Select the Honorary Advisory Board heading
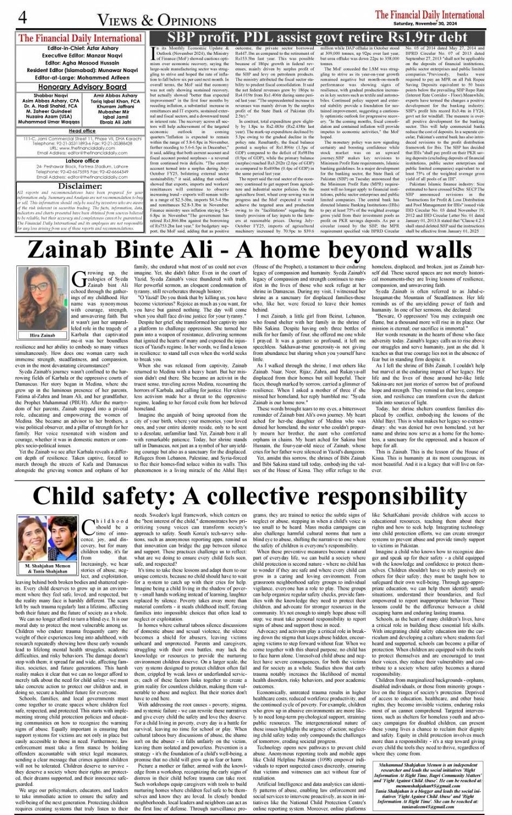pos(74,87)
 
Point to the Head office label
pos(67,131)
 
